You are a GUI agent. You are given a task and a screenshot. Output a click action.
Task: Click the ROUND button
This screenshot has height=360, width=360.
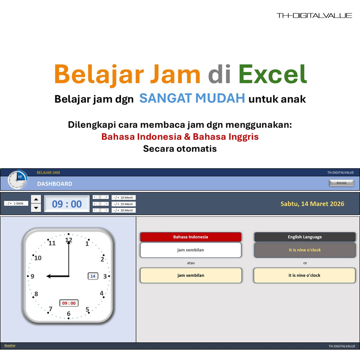[342, 183]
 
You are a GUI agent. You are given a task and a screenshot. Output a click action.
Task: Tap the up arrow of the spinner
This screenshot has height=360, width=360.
[36, 199]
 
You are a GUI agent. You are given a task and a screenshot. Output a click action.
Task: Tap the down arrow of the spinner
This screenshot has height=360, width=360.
[36, 208]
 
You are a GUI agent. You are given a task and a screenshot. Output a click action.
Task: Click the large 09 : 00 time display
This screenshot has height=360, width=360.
[67, 204]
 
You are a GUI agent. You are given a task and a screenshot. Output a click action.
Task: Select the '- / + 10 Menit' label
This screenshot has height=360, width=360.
[123, 198]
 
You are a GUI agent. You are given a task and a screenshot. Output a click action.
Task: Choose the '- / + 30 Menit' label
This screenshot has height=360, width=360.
[123, 210]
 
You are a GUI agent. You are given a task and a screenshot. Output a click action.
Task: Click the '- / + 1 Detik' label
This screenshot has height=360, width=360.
[16, 203]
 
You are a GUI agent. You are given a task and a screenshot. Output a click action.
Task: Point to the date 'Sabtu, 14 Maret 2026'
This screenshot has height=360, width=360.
[312, 204]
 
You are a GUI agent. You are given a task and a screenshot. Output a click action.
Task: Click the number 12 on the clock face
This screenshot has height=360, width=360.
[68, 240]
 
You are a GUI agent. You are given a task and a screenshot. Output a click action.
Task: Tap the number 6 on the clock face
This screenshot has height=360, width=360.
[68, 314]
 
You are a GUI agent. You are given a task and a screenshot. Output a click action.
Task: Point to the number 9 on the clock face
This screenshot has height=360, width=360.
[32, 276]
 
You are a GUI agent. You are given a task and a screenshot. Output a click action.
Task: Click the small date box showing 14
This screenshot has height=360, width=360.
[93, 276]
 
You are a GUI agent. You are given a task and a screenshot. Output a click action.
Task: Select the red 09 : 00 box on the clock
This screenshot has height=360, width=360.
[69, 303]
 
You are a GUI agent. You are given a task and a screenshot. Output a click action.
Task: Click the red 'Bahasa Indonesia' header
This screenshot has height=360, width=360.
[191, 237]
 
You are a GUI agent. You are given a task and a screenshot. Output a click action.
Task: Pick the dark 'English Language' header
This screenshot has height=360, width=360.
[305, 237]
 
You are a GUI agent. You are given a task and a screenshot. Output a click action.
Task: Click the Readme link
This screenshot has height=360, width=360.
[10, 346]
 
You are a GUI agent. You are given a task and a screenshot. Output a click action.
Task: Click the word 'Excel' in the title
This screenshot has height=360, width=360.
[273, 74]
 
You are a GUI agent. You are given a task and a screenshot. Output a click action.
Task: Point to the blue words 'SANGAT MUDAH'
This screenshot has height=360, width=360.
[192, 99]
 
